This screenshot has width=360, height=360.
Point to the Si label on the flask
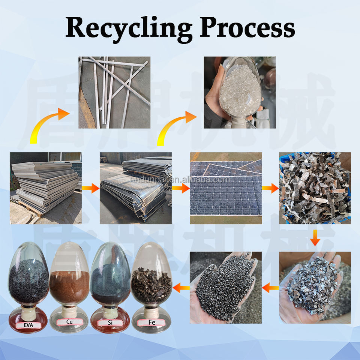click(110, 322)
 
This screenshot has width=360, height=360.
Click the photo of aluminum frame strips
click(114, 92)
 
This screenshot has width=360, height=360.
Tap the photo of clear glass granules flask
click(239, 92)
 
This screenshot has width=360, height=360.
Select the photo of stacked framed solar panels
click(45, 188)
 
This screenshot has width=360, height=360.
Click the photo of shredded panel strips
click(315, 188)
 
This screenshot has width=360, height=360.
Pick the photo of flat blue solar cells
click(226, 188)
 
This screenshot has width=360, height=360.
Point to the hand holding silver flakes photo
click(315, 287)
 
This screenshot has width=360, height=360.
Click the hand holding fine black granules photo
click(226, 287)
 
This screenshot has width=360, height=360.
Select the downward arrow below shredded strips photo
click(315, 238)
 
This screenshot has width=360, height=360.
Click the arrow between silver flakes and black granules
click(270, 288)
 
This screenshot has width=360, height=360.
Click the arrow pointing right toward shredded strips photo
click(270, 188)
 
